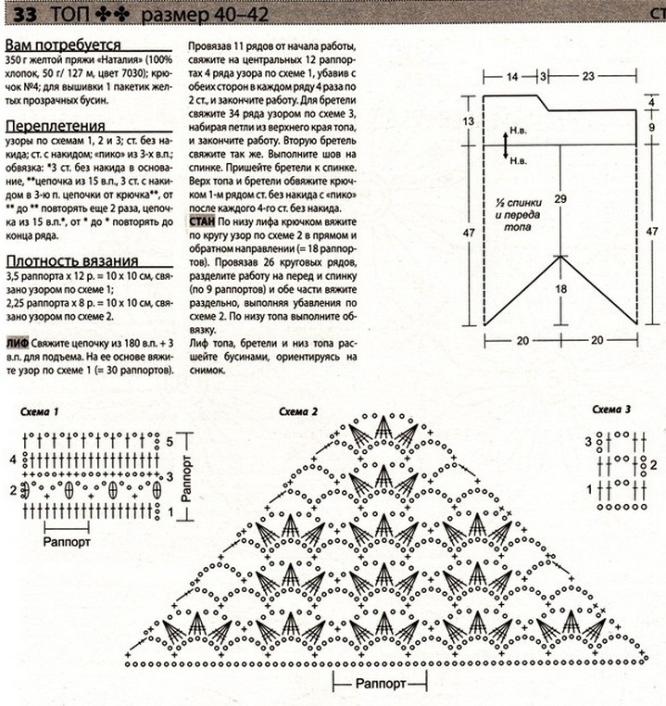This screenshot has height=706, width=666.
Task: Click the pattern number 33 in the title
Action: [17, 16]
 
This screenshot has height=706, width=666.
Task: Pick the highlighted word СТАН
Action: [202, 223]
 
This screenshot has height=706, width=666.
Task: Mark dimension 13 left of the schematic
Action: [467, 122]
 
